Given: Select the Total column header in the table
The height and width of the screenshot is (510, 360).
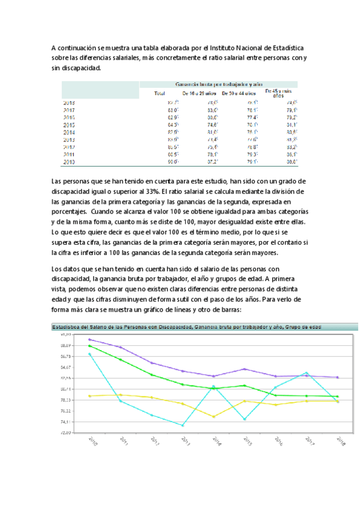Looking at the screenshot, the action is (160, 94).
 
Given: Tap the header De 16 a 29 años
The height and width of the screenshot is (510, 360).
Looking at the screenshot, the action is (200, 94).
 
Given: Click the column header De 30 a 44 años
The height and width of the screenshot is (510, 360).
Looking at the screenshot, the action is (239, 94).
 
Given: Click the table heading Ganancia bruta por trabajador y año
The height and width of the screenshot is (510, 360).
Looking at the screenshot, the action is (219, 84).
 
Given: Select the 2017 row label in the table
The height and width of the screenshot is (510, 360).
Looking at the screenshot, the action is (69, 111).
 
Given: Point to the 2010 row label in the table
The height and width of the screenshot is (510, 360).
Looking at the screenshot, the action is (69, 162).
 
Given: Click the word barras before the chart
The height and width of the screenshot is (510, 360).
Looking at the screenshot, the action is (228, 310).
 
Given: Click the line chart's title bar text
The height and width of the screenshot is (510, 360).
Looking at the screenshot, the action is (186, 327).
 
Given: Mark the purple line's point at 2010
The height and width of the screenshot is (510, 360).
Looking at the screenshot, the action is (89, 339).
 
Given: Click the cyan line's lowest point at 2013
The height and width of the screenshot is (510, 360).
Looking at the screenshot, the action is (182, 426).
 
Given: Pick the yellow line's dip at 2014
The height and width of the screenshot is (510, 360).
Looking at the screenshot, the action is (213, 417).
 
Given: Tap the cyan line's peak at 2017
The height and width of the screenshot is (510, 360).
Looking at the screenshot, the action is (307, 373).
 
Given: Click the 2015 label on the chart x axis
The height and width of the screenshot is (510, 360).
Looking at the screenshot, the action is (246, 440).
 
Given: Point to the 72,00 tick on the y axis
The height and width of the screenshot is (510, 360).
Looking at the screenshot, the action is (64, 432).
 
